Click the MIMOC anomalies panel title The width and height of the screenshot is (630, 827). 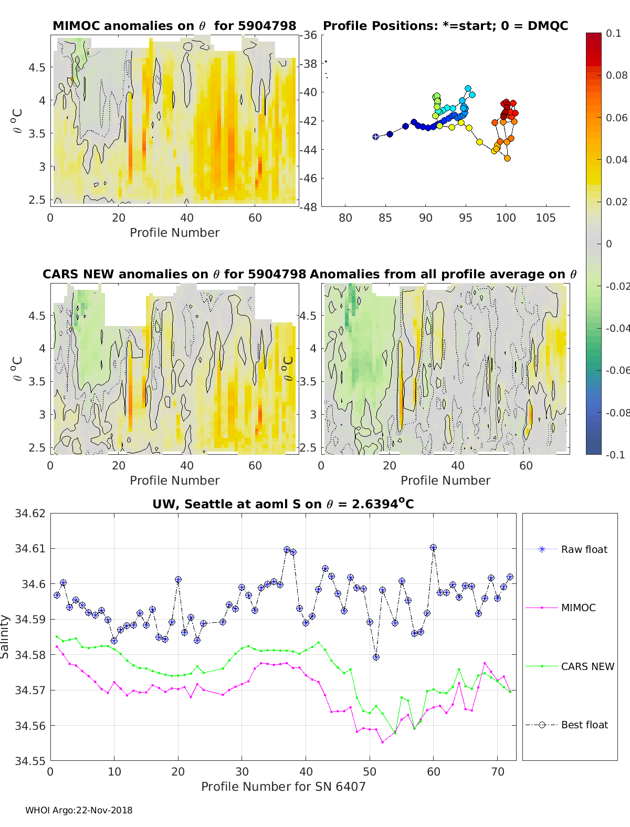pos(174,26)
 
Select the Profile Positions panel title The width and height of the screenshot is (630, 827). pos(445,26)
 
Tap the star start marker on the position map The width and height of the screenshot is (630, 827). pos(376,137)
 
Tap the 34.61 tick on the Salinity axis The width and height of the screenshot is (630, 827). pos(30,549)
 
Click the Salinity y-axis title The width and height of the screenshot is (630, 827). pos(5,636)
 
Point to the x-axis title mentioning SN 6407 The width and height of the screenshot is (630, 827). pos(283,787)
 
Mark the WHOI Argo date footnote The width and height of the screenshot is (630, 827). pos(79,810)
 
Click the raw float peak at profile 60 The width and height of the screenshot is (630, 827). pos(433,548)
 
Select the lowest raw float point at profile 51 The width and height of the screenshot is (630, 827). pos(376,657)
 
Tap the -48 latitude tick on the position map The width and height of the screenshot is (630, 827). pos(309,207)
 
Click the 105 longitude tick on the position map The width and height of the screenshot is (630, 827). pos(545,218)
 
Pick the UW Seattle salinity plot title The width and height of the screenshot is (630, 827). pos(283,504)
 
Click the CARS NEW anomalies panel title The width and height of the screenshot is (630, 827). pos(174,274)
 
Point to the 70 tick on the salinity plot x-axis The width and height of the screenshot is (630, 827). pos(497,771)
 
